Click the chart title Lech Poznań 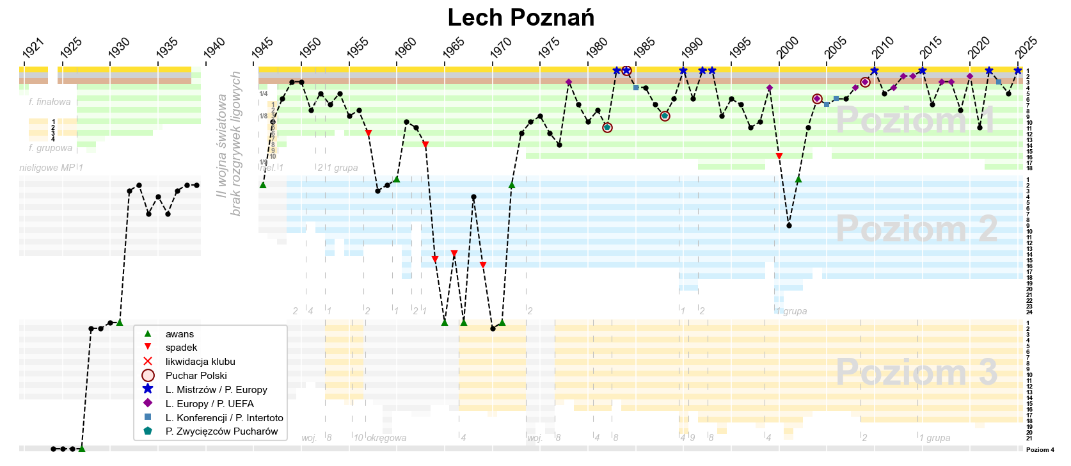(x=521, y=18)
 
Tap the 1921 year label (x=33, y=48)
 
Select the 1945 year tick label (x=262, y=48)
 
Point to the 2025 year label (x=1026, y=48)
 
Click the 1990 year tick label (x=692, y=48)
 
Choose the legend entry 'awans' (x=179, y=334)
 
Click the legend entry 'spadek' (x=181, y=348)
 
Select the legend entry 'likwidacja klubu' (x=200, y=362)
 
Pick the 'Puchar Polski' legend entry (x=196, y=376)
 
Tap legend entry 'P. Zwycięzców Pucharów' (x=221, y=431)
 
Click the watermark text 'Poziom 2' (x=916, y=229)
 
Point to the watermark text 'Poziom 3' (x=916, y=372)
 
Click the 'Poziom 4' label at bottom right (x=1040, y=450)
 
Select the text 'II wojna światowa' (x=222, y=146)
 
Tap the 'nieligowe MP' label (x=47, y=168)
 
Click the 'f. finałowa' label (x=50, y=102)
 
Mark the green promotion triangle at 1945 (x=263, y=185)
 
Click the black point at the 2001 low (x=789, y=225)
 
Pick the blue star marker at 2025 (x=1017, y=70)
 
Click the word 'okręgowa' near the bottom (x=386, y=438)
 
